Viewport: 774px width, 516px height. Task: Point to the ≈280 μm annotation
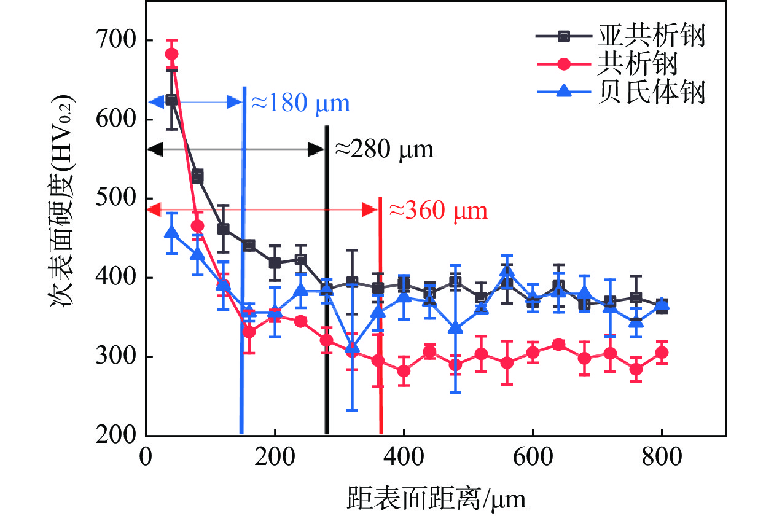tap(384, 149)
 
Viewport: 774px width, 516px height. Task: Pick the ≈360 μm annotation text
tap(439, 211)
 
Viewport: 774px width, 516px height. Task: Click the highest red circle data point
tap(172, 54)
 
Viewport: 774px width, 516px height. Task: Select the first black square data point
tap(172, 100)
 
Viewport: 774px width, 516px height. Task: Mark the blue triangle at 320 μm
tap(352, 348)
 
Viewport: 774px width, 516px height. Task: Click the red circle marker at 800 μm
tap(662, 353)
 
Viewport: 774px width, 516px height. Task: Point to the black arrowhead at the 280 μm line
tap(316, 149)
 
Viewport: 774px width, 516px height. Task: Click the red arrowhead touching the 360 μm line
tap(370, 210)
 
